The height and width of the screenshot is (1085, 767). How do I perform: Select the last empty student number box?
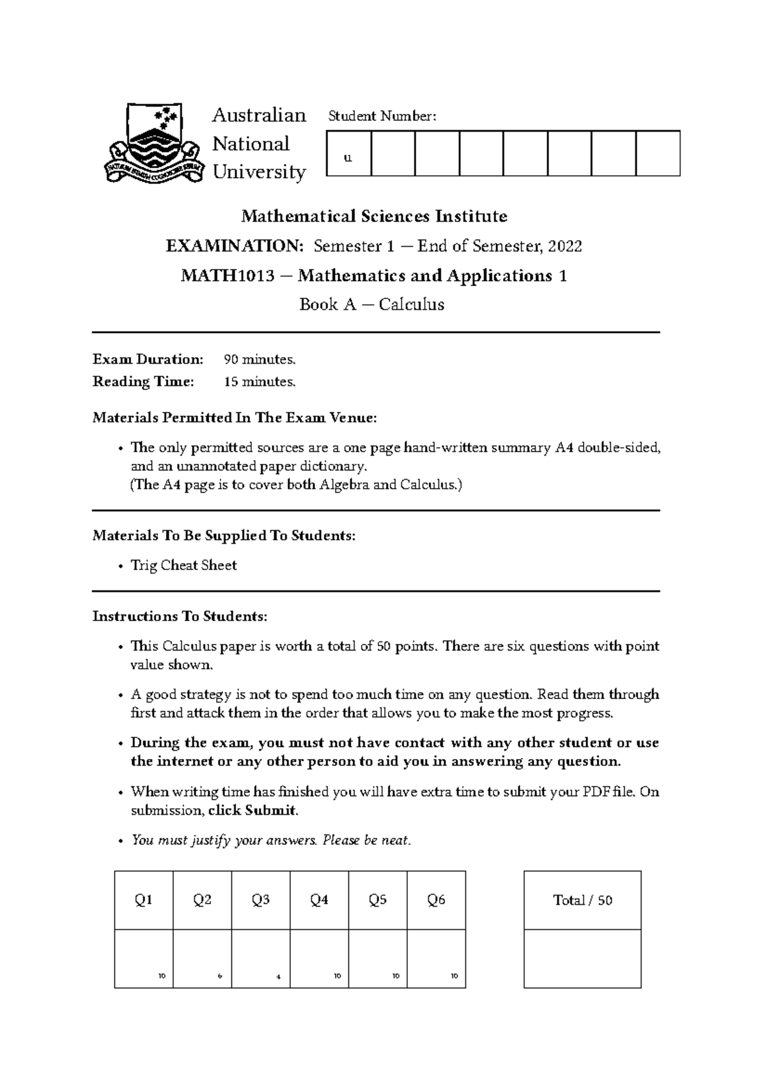658,153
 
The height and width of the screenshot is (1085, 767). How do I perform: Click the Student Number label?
382,116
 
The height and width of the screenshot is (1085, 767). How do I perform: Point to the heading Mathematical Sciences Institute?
374,217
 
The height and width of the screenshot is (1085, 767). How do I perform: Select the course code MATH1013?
228,276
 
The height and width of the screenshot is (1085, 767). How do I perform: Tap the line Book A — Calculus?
372,305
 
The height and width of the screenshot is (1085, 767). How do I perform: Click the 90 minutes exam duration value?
260,360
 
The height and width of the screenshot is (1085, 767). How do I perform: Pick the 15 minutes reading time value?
260,382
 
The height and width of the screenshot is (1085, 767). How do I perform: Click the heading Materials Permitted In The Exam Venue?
235,418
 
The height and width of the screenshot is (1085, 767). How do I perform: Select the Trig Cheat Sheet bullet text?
183,566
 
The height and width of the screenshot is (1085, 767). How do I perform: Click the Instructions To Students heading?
180,617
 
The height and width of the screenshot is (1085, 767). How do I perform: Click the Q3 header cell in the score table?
261,900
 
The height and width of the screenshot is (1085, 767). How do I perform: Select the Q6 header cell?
436,900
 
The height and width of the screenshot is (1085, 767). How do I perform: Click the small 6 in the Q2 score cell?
219,976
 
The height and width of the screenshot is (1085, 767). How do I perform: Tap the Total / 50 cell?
582,900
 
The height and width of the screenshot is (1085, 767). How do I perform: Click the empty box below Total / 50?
582,958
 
